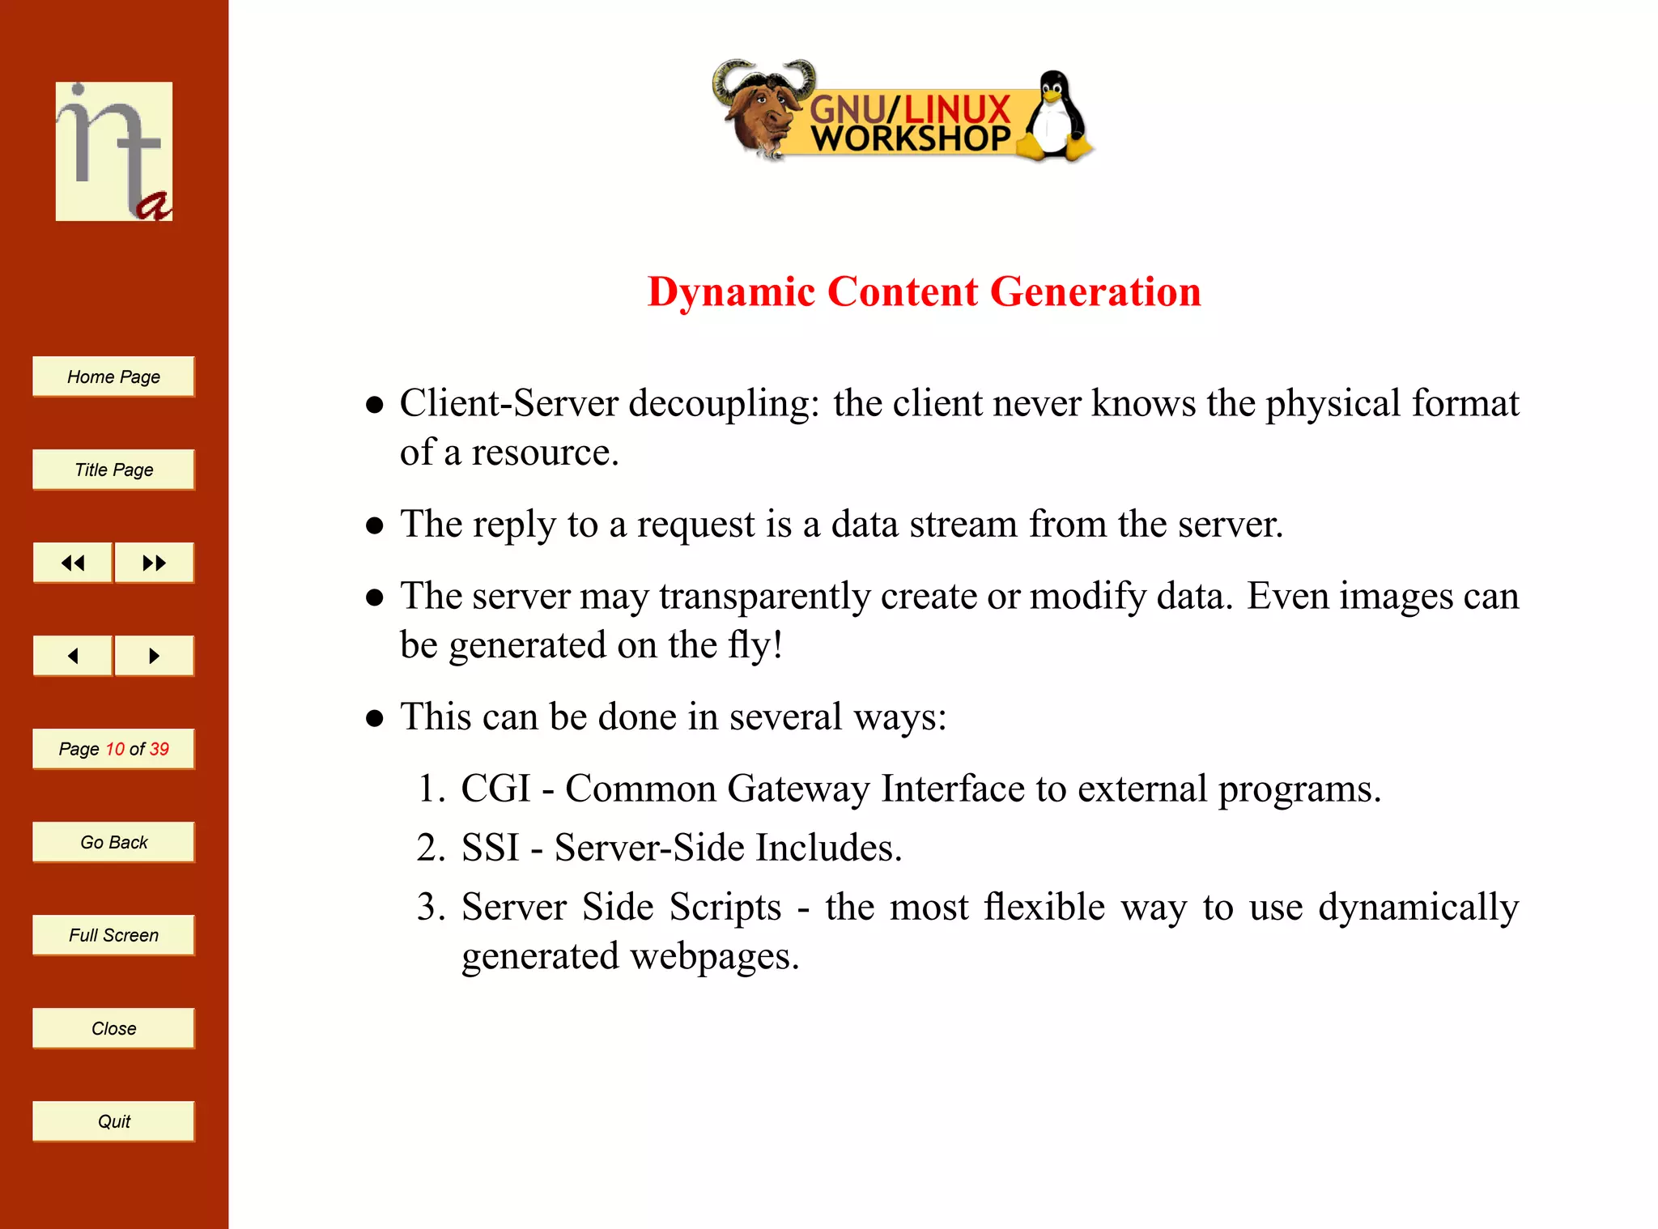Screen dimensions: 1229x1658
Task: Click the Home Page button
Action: [113, 376]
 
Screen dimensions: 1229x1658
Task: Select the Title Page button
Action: [113, 470]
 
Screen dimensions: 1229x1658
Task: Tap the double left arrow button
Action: [73, 563]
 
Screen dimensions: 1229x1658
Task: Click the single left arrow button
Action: [73, 656]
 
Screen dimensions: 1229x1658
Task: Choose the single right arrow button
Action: [154, 656]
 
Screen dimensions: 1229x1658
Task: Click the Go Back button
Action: [113, 842]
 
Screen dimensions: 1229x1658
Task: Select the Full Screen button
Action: [113, 935]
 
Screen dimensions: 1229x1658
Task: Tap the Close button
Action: [113, 1028]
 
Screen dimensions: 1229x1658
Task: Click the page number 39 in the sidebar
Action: [159, 749]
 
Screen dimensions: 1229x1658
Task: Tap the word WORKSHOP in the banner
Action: [911, 138]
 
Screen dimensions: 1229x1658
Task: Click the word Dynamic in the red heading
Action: [731, 291]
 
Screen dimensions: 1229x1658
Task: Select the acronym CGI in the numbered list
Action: [495, 789]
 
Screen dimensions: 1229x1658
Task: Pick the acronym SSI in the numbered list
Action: [490, 848]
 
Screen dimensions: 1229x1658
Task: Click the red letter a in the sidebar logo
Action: [154, 206]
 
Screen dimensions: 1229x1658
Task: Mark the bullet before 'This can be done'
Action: [374, 718]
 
